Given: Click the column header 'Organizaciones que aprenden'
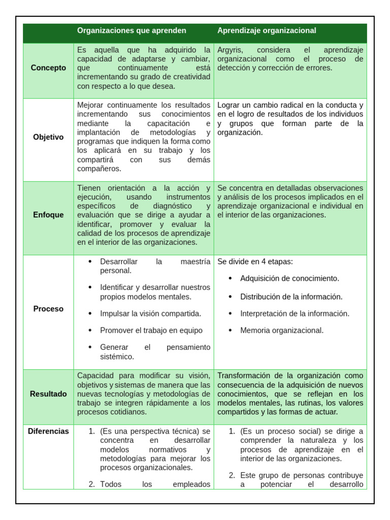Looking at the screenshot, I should [x=132, y=30].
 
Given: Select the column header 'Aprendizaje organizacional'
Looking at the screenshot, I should [x=267, y=30].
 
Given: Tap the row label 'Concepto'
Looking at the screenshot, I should [x=48, y=68].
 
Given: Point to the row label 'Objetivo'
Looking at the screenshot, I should [x=48, y=137].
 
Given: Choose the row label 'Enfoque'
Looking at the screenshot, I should [x=48, y=215].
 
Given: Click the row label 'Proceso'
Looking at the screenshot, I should [x=48, y=309].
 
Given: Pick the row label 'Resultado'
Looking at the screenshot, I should [x=48, y=394].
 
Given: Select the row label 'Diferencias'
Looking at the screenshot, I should [x=48, y=431].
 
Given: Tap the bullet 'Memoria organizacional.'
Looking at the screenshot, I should [x=282, y=331].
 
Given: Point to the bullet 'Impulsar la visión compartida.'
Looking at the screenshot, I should [x=151, y=313].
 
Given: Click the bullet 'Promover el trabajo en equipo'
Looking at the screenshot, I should [x=151, y=331].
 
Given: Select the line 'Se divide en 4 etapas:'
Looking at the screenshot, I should [x=255, y=262].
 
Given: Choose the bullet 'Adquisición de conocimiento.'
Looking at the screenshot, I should [x=289, y=279].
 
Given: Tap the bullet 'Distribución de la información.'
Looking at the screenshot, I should [x=291, y=297].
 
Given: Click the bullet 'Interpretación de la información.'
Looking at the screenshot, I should [x=295, y=313].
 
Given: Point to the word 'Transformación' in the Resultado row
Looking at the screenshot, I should [x=243, y=376].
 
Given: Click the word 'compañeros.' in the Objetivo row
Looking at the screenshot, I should [x=99, y=169].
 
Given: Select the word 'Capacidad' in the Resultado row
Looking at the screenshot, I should [x=95, y=376].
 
